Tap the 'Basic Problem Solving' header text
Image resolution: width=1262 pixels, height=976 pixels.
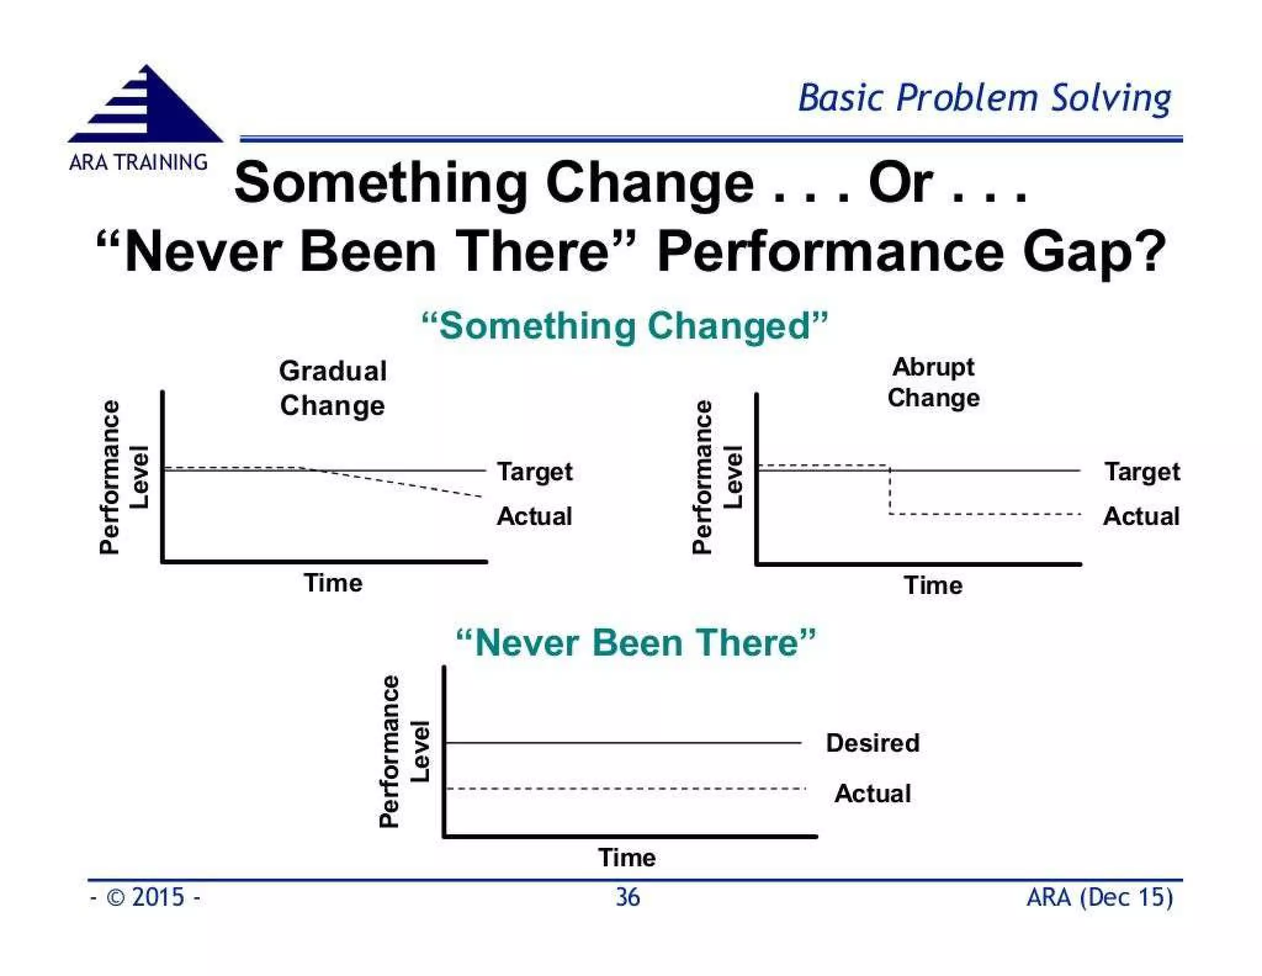(984, 99)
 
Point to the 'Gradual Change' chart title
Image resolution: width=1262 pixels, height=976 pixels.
(333, 388)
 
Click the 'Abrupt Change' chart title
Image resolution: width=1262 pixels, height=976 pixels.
(933, 382)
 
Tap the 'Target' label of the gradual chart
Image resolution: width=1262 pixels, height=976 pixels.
(535, 472)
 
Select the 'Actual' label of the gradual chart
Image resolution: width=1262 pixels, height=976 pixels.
(534, 516)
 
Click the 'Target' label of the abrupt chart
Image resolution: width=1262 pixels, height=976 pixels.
(1142, 472)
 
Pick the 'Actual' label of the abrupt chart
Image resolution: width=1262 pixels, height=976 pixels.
(1141, 516)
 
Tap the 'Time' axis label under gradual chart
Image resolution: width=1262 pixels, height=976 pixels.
(333, 583)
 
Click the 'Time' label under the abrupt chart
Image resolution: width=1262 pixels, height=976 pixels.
(933, 585)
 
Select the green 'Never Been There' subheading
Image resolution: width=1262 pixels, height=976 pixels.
(636, 643)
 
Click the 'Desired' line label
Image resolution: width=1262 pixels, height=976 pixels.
(873, 743)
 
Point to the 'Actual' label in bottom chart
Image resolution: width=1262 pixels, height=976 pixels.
(873, 794)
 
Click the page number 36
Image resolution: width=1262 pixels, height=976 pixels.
(628, 897)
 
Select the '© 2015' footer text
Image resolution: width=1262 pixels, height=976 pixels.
(145, 897)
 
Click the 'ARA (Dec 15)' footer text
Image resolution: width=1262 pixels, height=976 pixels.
(1099, 897)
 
